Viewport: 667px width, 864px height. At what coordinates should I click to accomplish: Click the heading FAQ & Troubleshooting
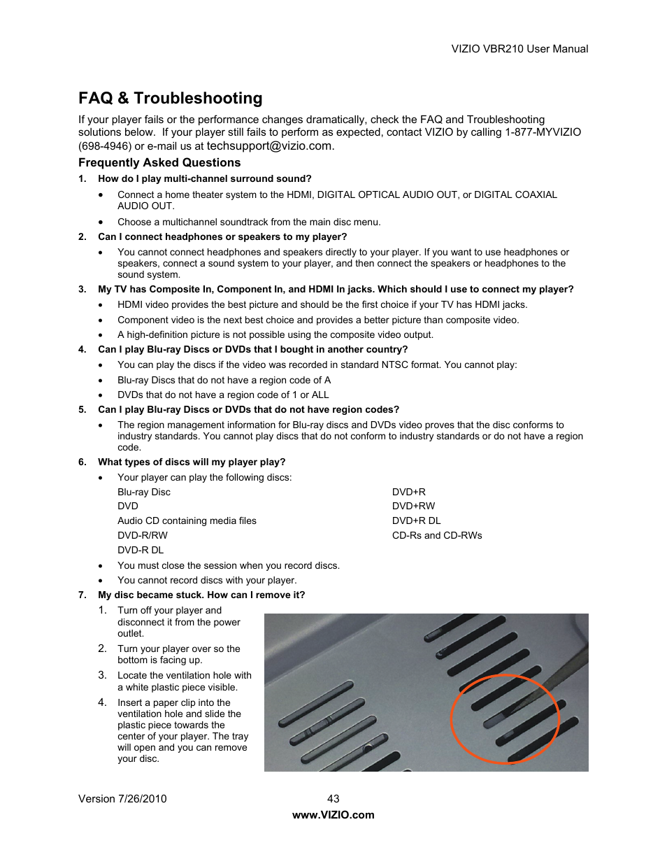(x=171, y=98)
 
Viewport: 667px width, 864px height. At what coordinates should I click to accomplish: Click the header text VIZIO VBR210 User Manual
(x=519, y=49)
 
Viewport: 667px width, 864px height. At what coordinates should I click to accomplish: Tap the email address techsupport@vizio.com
(x=269, y=146)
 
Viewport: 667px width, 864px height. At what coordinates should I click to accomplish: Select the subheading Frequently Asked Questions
(x=159, y=162)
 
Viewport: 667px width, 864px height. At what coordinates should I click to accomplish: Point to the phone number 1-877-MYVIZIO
(x=543, y=132)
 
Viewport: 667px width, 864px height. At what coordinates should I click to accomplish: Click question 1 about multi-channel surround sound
(x=204, y=178)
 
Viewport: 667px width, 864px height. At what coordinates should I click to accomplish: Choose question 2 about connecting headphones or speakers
(x=222, y=236)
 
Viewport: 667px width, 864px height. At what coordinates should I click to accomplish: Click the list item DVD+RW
(x=413, y=506)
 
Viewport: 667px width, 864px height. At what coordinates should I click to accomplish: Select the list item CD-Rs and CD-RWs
(x=437, y=535)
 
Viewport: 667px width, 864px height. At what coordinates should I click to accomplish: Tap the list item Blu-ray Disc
(x=144, y=492)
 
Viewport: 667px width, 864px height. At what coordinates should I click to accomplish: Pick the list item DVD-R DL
(x=141, y=550)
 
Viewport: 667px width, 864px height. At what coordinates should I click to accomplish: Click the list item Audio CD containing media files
(x=187, y=520)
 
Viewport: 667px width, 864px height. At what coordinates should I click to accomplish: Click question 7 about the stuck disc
(x=201, y=595)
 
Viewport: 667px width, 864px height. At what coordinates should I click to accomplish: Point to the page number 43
(x=333, y=798)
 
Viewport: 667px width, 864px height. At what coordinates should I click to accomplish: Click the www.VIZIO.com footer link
(x=333, y=814)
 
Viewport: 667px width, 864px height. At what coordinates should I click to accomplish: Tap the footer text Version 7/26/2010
(x=122, y=798)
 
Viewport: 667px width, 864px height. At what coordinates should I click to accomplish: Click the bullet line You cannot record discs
(x=207, y=580)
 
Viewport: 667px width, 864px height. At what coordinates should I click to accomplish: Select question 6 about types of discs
(x=192, y=462)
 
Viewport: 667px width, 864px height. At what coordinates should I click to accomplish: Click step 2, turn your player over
(x=178, y=654)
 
